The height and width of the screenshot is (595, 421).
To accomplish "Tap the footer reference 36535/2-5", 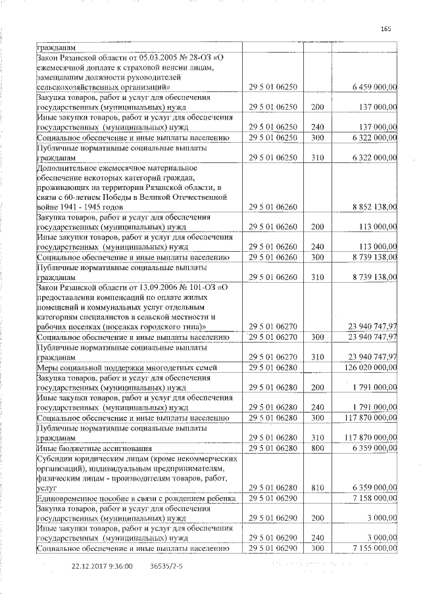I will (x=166, y=565).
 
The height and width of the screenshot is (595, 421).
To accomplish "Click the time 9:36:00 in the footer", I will (x=121, y=565).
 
